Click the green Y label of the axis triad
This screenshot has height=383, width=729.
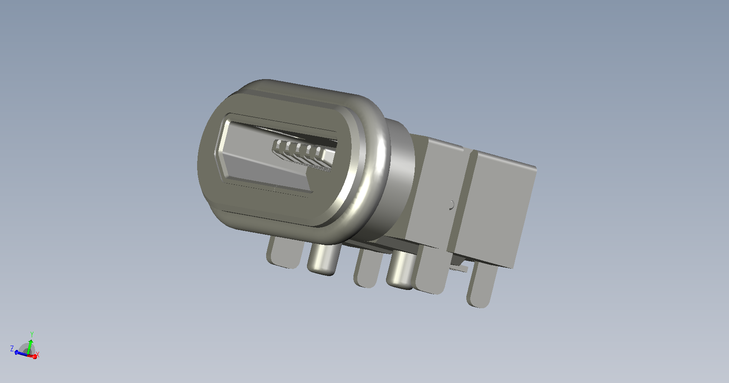(x=32, y=334)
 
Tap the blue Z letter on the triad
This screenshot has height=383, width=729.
(x=12, y=349)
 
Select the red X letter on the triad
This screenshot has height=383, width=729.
(x=38, y=355)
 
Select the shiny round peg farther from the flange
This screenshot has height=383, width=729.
(x=400, y=270)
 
